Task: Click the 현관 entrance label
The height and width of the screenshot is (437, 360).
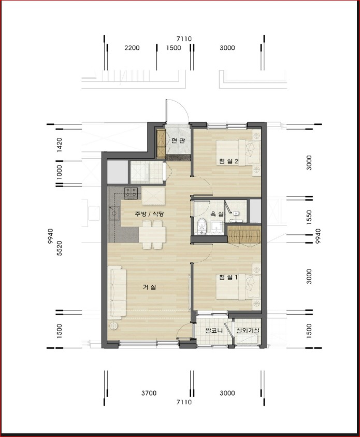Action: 178,140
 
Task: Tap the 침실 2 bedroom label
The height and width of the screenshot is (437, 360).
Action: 228,161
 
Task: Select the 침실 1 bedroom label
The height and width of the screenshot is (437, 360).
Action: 228,277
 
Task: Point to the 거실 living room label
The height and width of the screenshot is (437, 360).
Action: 150,287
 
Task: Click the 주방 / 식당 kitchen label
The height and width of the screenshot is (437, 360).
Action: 149,214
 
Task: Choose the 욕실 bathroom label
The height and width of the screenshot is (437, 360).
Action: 217,214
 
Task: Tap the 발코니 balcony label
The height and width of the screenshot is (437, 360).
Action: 214,331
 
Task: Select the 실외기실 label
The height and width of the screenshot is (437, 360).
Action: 248,331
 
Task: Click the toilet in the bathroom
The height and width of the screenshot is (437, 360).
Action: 201,225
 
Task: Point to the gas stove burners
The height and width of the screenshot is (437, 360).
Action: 131,193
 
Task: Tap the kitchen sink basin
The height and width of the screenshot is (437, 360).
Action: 114,213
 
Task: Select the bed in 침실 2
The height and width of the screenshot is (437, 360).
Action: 238,153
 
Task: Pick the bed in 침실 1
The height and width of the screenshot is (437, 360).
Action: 238,287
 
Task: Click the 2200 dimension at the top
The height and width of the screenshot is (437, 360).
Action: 132,48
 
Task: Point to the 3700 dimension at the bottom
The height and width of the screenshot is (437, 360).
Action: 149,393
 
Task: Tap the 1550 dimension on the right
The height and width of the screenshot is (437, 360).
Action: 309,218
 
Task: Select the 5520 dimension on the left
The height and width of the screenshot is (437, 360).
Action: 59,248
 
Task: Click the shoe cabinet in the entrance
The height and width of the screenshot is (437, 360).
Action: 161,144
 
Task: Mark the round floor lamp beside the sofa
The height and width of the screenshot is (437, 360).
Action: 113,326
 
